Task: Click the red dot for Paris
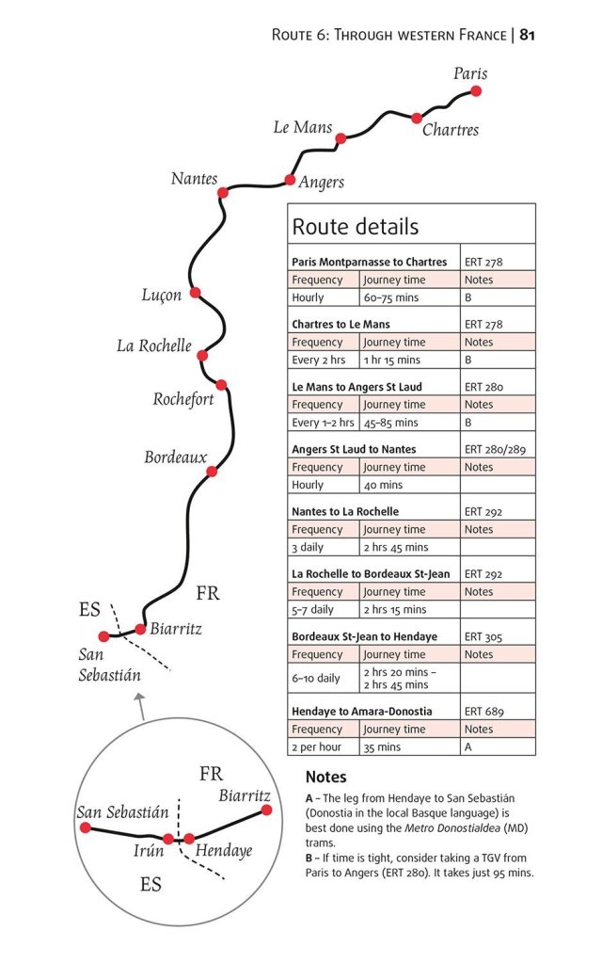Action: click(x=476, y=91)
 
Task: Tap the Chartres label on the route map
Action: click(x=451, y=130)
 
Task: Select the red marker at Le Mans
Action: click(x=341, y=138)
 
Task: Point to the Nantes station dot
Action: click(x=223, y=193)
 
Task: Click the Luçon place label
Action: click(x=162, y=296)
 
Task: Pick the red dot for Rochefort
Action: click(x=221, y=384)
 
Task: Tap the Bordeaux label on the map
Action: click(x=176, y=457)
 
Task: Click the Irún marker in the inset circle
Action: click(x=167, y=838)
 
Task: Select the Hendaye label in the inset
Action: click(x=224, y=851)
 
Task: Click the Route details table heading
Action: click(x=356, y=227)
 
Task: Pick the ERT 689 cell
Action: click(x=484, y=711)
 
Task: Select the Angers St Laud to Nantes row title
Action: click(x=354, y=449)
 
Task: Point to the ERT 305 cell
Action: click(x=484, y=636)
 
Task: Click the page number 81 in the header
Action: click(x=528, y=35)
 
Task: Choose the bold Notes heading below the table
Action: click(x=325, y=778)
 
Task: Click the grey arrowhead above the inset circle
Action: click(x=140, y=698)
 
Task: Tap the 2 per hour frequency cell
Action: click(x=315, y=747)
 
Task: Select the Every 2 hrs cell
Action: click(x=319, y=360)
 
